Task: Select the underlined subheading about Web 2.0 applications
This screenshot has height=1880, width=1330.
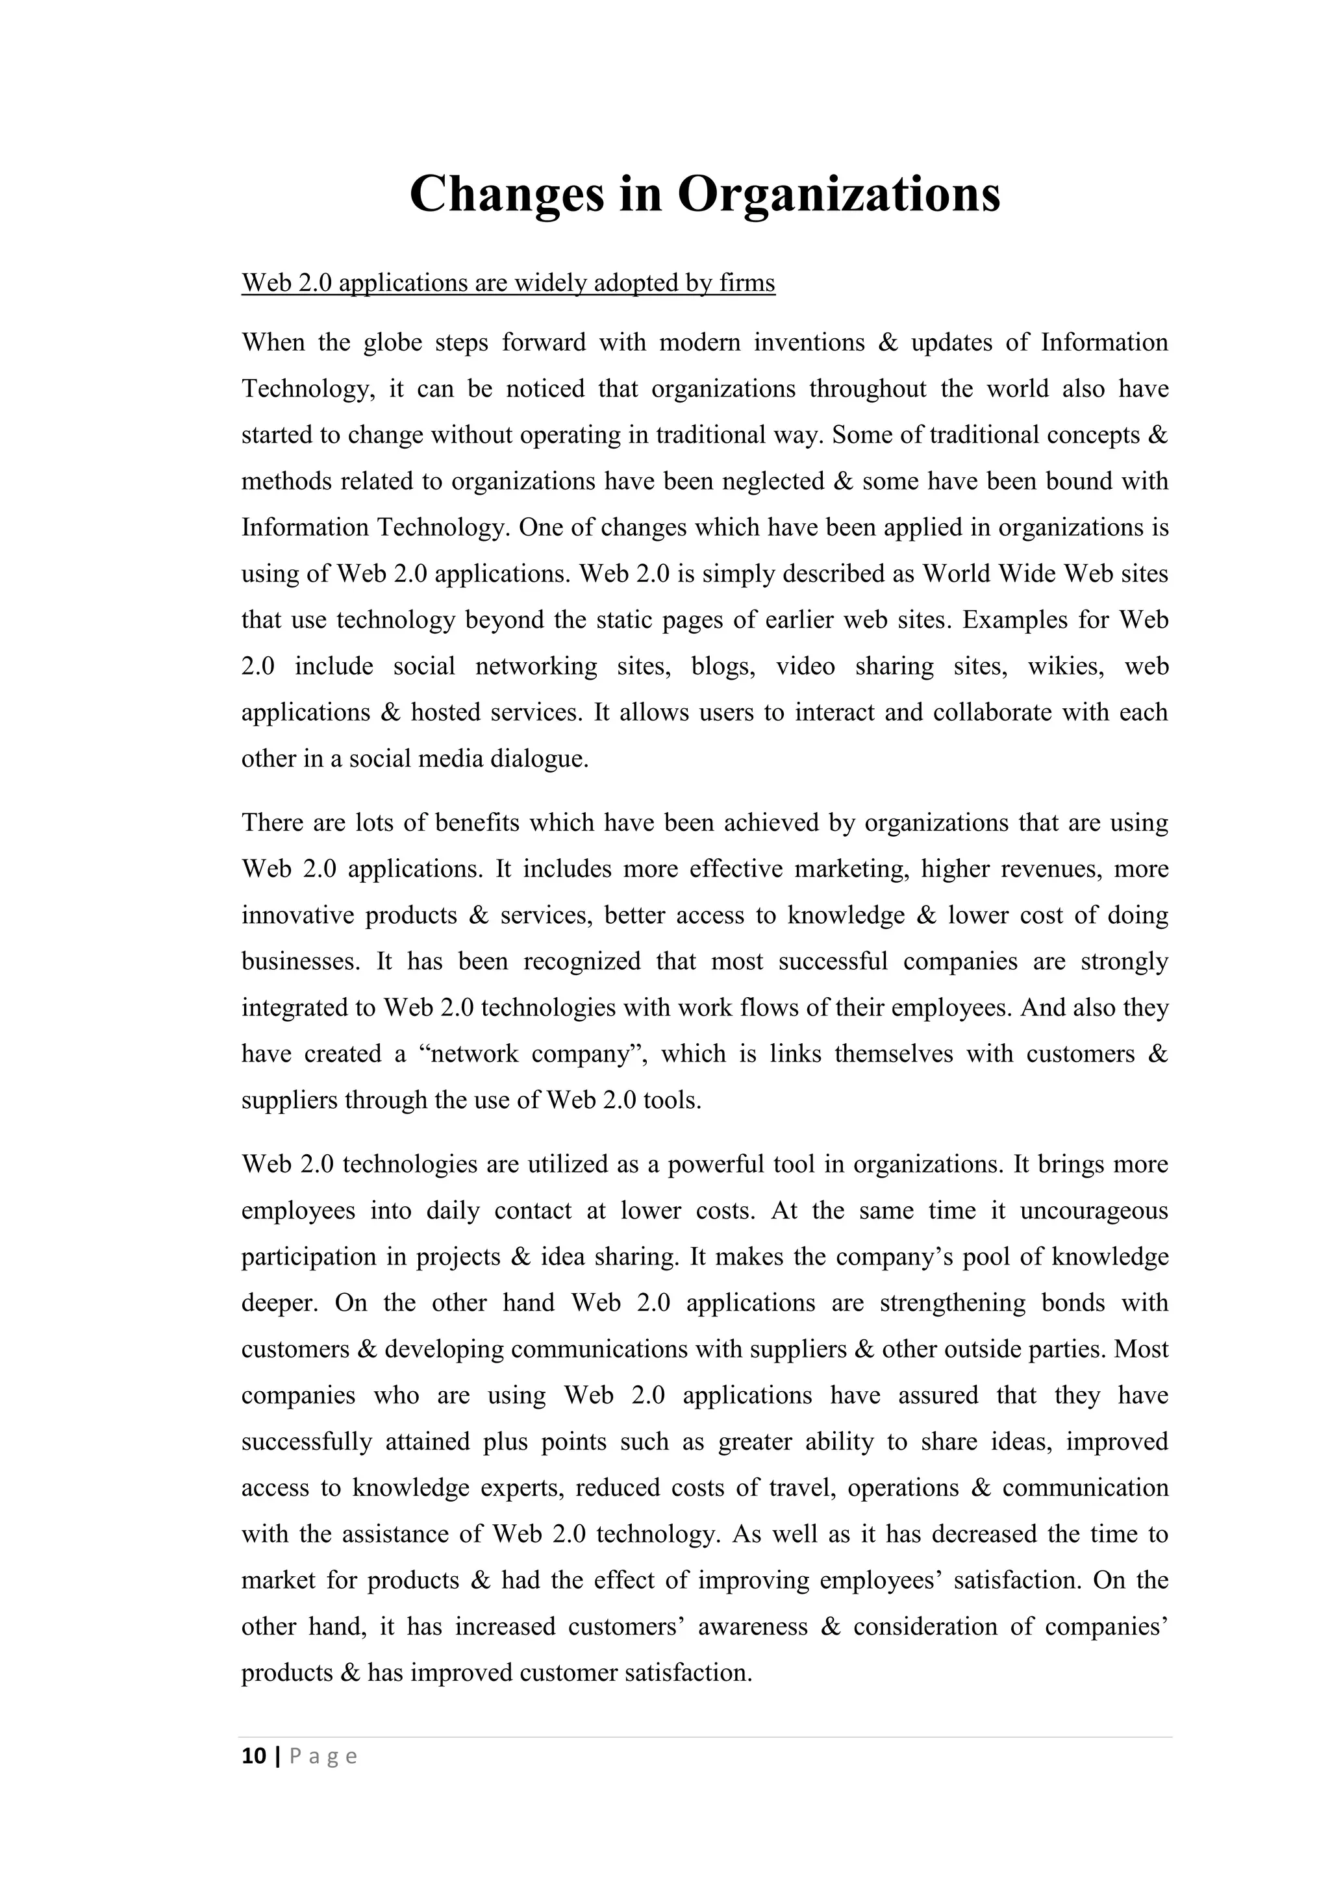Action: pos(508,283)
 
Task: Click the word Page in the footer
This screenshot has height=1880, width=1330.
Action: pos(323,1757)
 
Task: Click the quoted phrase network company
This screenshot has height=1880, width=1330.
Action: pos(534,1054)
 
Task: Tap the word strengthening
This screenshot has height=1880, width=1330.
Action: pos(951,1303)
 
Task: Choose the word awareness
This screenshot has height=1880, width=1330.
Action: pos(753,1627)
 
